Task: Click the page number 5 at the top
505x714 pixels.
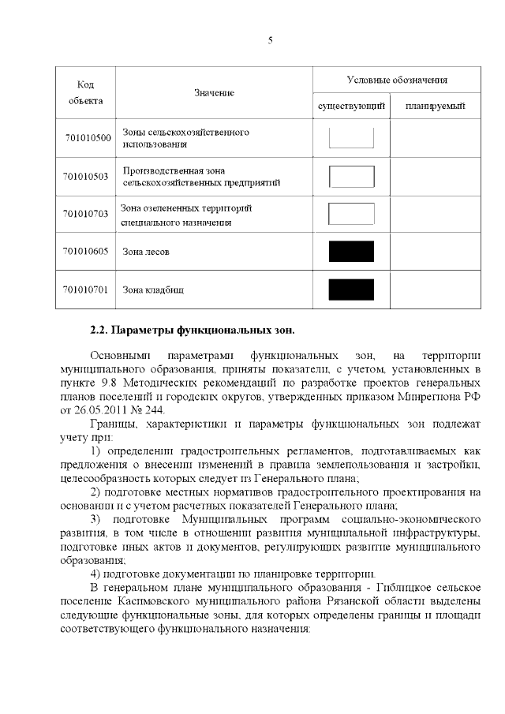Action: click(x=270, y=41)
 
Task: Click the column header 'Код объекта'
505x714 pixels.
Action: click(x=86, y=93)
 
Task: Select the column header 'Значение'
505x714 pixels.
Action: click(x=215, y=93)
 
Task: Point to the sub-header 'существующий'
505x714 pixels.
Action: click(x=351, y=106)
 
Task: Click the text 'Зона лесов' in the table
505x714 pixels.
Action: click(x=146, y=252)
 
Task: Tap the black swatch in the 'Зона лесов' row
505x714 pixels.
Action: click(x=351, y=252)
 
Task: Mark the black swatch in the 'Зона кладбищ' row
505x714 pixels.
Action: click(x=351, y=290)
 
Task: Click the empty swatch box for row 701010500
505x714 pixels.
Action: click(x=351, y=138)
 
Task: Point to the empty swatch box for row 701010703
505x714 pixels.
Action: click(x=351, y=214)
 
